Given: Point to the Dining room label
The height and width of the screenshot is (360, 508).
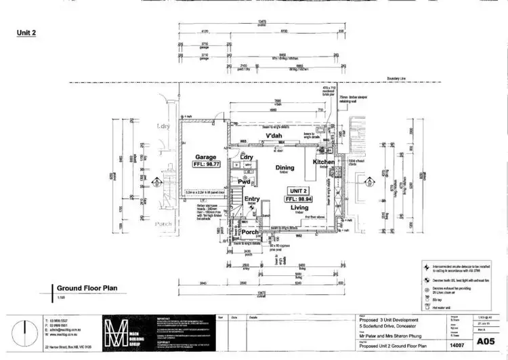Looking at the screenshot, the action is point(284,167).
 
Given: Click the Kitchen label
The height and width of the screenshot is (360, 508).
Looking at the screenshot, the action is point(324,163).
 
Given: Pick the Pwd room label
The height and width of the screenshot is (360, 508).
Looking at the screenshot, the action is point(244,182).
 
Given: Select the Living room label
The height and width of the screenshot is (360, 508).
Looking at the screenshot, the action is point(299,208).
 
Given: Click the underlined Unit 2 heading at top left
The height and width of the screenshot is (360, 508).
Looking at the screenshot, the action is point(27,32).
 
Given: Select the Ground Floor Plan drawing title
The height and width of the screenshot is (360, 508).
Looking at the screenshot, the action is point(87,287).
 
